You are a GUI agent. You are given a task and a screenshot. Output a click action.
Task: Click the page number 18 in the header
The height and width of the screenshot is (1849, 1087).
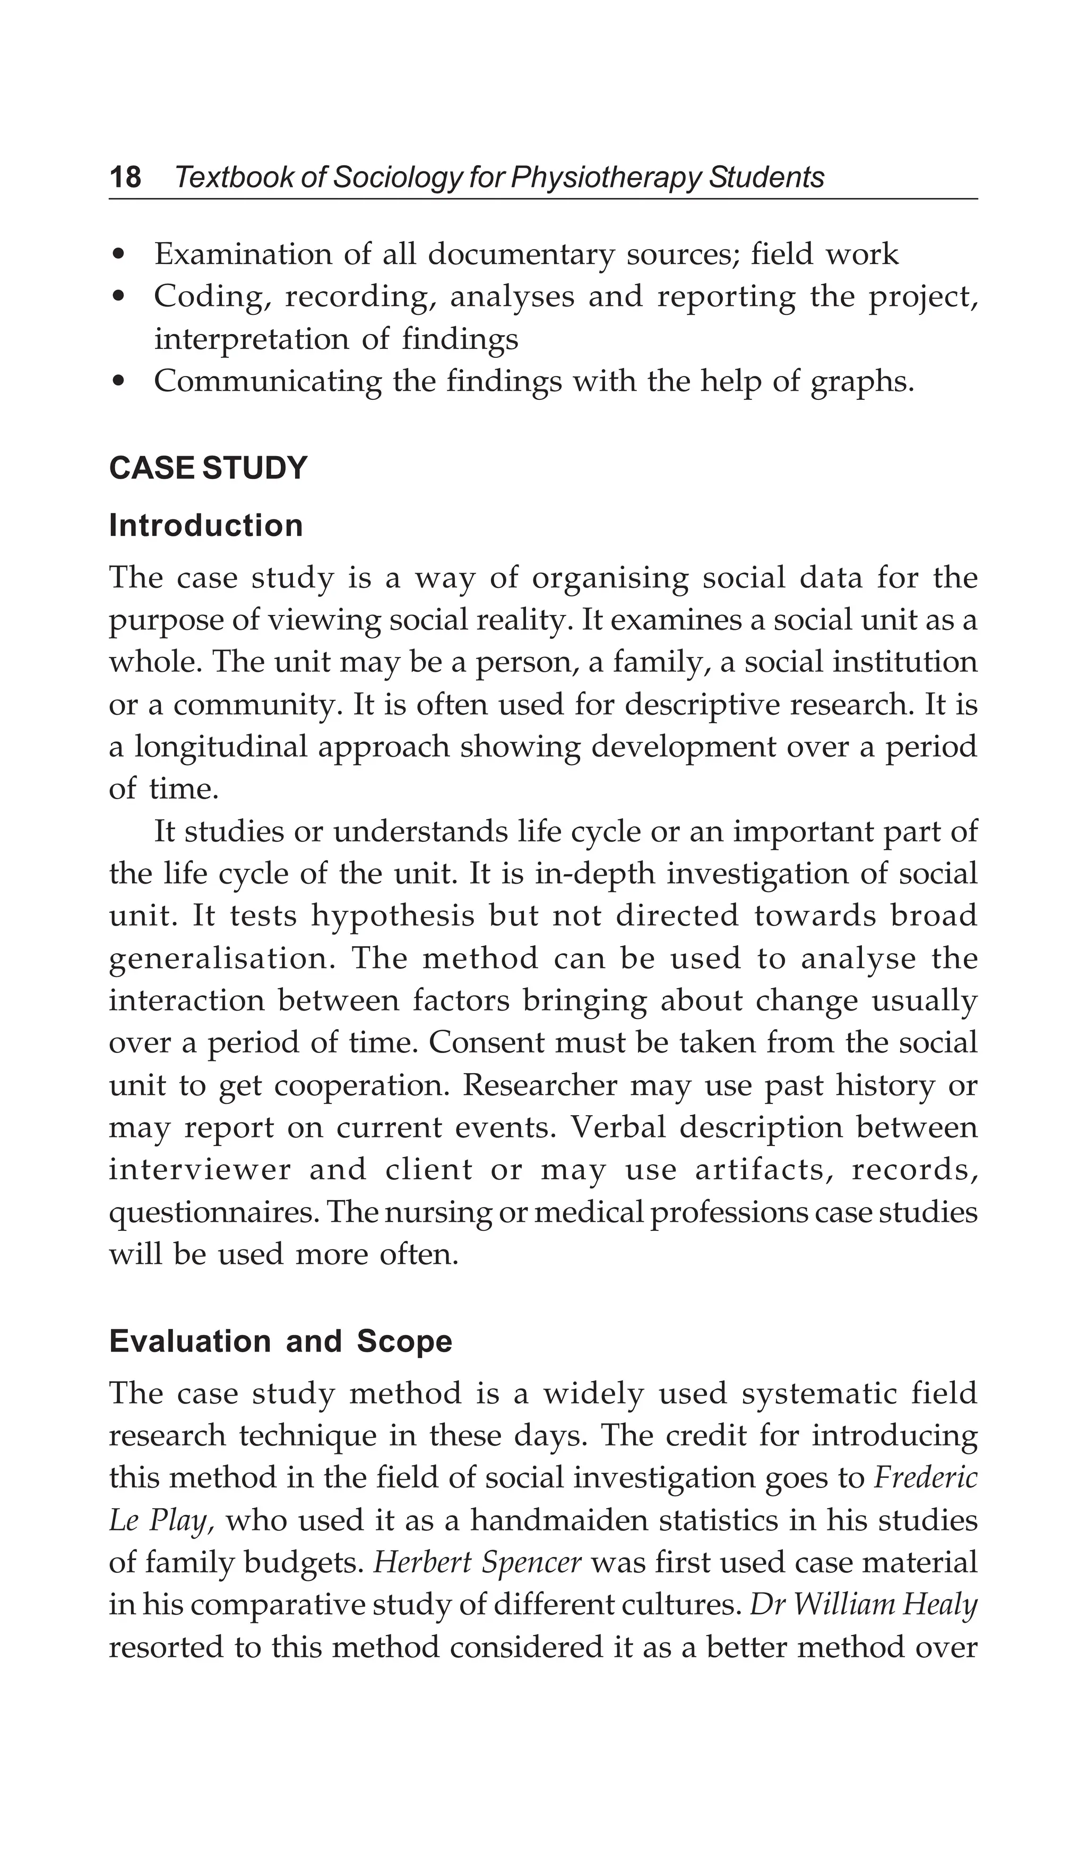click(x=125, y=177)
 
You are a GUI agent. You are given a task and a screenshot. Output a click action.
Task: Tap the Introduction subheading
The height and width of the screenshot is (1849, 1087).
click(x=205, y=525)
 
